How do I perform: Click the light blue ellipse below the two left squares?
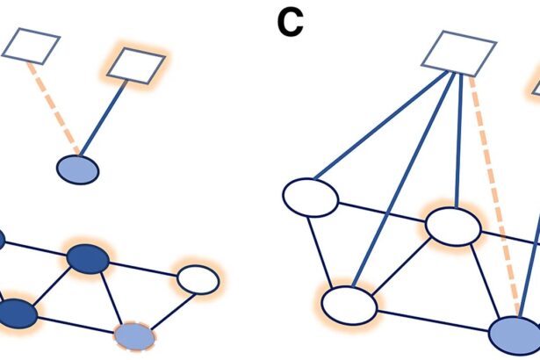(78, 169)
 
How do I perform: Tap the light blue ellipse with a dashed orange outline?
(134, 335)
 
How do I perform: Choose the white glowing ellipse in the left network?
(198, 280)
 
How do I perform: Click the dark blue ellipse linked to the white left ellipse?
(87, 259)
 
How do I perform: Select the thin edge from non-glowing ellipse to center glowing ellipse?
(382, 212)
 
